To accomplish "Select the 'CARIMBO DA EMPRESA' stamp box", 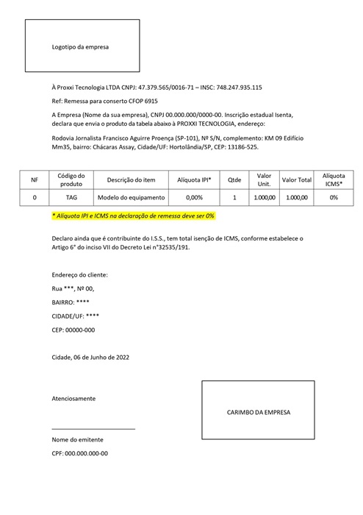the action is coord(258,413).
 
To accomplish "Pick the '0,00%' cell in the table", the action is coord(194,198).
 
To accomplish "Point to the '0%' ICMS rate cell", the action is coord(333,198).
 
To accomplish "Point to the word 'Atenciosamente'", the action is coord(73,399).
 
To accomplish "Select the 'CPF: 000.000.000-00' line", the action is coord(79,453).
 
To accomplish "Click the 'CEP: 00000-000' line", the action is coord(73,330).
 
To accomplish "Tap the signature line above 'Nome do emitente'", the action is coord(93,428).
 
